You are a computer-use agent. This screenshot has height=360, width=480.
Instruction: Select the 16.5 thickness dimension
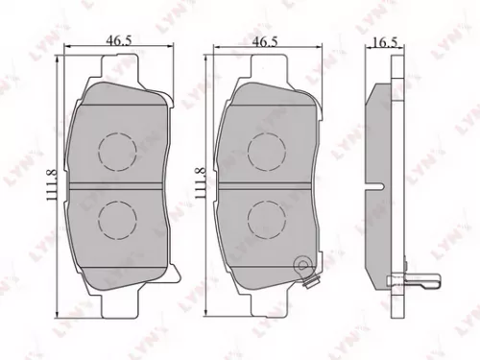click(385, 43)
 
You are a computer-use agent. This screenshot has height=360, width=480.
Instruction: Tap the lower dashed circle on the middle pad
click(265, 218)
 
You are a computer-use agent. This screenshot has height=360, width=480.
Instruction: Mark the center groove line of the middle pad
click(265, 182)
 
